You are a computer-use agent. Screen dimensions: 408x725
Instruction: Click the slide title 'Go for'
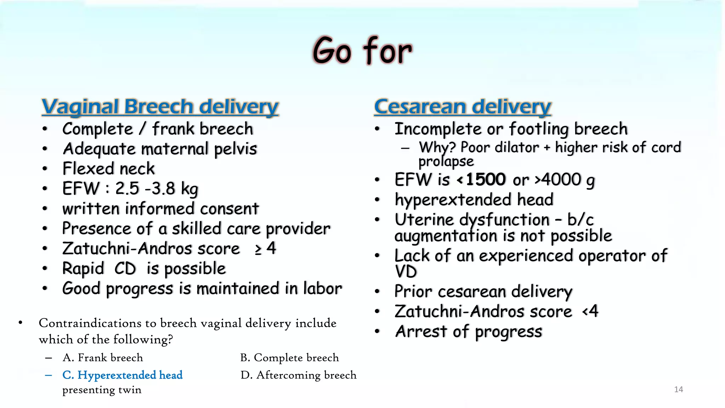(x=362, y=50)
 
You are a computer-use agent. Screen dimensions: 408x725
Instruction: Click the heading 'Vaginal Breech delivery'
(x=160, y=107)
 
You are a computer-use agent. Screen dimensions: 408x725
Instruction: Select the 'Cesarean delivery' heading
(x=462, y=107)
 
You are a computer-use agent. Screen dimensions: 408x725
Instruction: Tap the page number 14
(x=678, y=390)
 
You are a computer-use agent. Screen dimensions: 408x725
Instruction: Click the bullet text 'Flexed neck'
(x=108, y=169)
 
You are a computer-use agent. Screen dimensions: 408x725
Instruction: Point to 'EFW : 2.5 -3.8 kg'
(x=130, y=188)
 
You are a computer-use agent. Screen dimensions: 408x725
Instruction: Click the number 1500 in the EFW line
(x=485, y=180)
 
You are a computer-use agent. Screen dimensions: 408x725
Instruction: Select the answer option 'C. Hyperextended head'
(x=122, y=375)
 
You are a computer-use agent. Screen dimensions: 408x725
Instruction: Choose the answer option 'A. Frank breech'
(x=103, y=358)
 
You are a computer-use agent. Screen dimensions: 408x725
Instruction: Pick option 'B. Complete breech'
(x=289, y=358)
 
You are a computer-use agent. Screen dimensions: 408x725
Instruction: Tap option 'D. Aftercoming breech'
(x=298, y=375)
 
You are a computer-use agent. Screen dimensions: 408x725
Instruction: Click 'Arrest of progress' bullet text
(x=468, y=332)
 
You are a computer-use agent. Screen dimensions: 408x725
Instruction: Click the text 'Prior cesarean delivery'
(x=483, y=291)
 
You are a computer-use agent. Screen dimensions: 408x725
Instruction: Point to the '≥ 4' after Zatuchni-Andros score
(x=265, y=249)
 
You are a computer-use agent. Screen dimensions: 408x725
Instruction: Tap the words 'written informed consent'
(x=160, y=209)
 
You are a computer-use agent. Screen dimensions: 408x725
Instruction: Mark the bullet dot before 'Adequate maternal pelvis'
(x=45, y=149)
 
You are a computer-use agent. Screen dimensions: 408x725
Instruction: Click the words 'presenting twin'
(x=102, y=390)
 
